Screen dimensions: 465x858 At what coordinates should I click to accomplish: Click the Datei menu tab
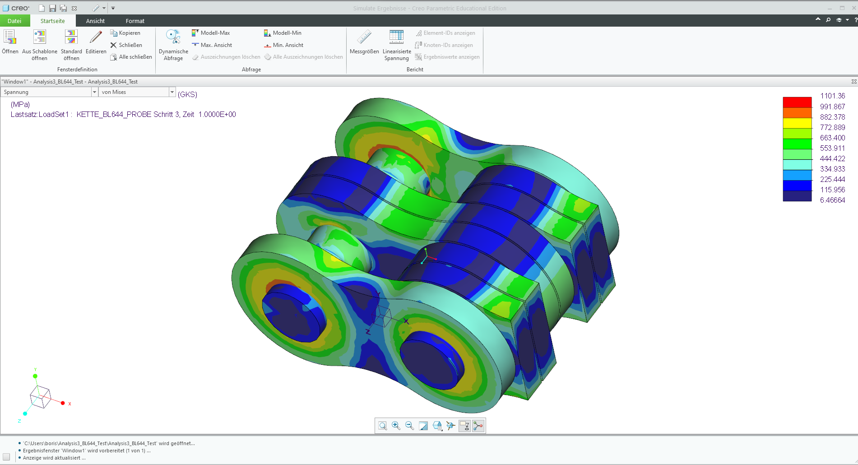[x=14, y=21]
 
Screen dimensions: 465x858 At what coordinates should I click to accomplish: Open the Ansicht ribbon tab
[x=95, y=21]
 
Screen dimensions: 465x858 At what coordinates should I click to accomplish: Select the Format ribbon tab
[x=135, y=21]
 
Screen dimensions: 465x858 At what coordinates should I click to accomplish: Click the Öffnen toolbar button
[x=10, y=42]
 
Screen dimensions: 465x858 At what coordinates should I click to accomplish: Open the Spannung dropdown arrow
[x=94, y=92]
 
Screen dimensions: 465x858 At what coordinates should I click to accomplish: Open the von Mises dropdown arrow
[x=172, y=92]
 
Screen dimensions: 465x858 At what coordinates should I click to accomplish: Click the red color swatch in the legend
[x=797, y=102]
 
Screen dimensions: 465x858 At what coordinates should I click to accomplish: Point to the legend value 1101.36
[x=832, y=96]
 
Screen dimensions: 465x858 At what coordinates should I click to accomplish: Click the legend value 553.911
[x=832, y=148]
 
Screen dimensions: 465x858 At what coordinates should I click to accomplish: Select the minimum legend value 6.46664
[x=832, y=200]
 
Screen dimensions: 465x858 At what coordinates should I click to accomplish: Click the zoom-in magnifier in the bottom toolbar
[x=396, y=425]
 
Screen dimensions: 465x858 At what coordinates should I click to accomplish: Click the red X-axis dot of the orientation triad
[x=63, y=403]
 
